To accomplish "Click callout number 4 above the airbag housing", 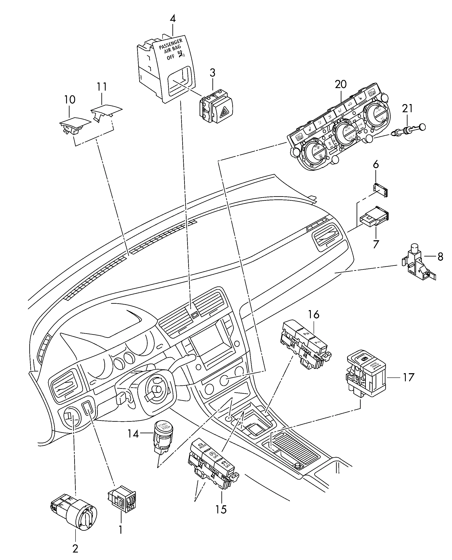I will pos(173,19).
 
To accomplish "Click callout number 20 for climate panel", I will pos(341,84).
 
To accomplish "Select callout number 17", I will pos(409,377).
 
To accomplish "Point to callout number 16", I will pos(314,314).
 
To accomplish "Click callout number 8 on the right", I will pos(440,257).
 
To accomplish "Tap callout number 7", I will pos(376,244).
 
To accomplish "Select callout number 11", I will pos(102,87).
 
